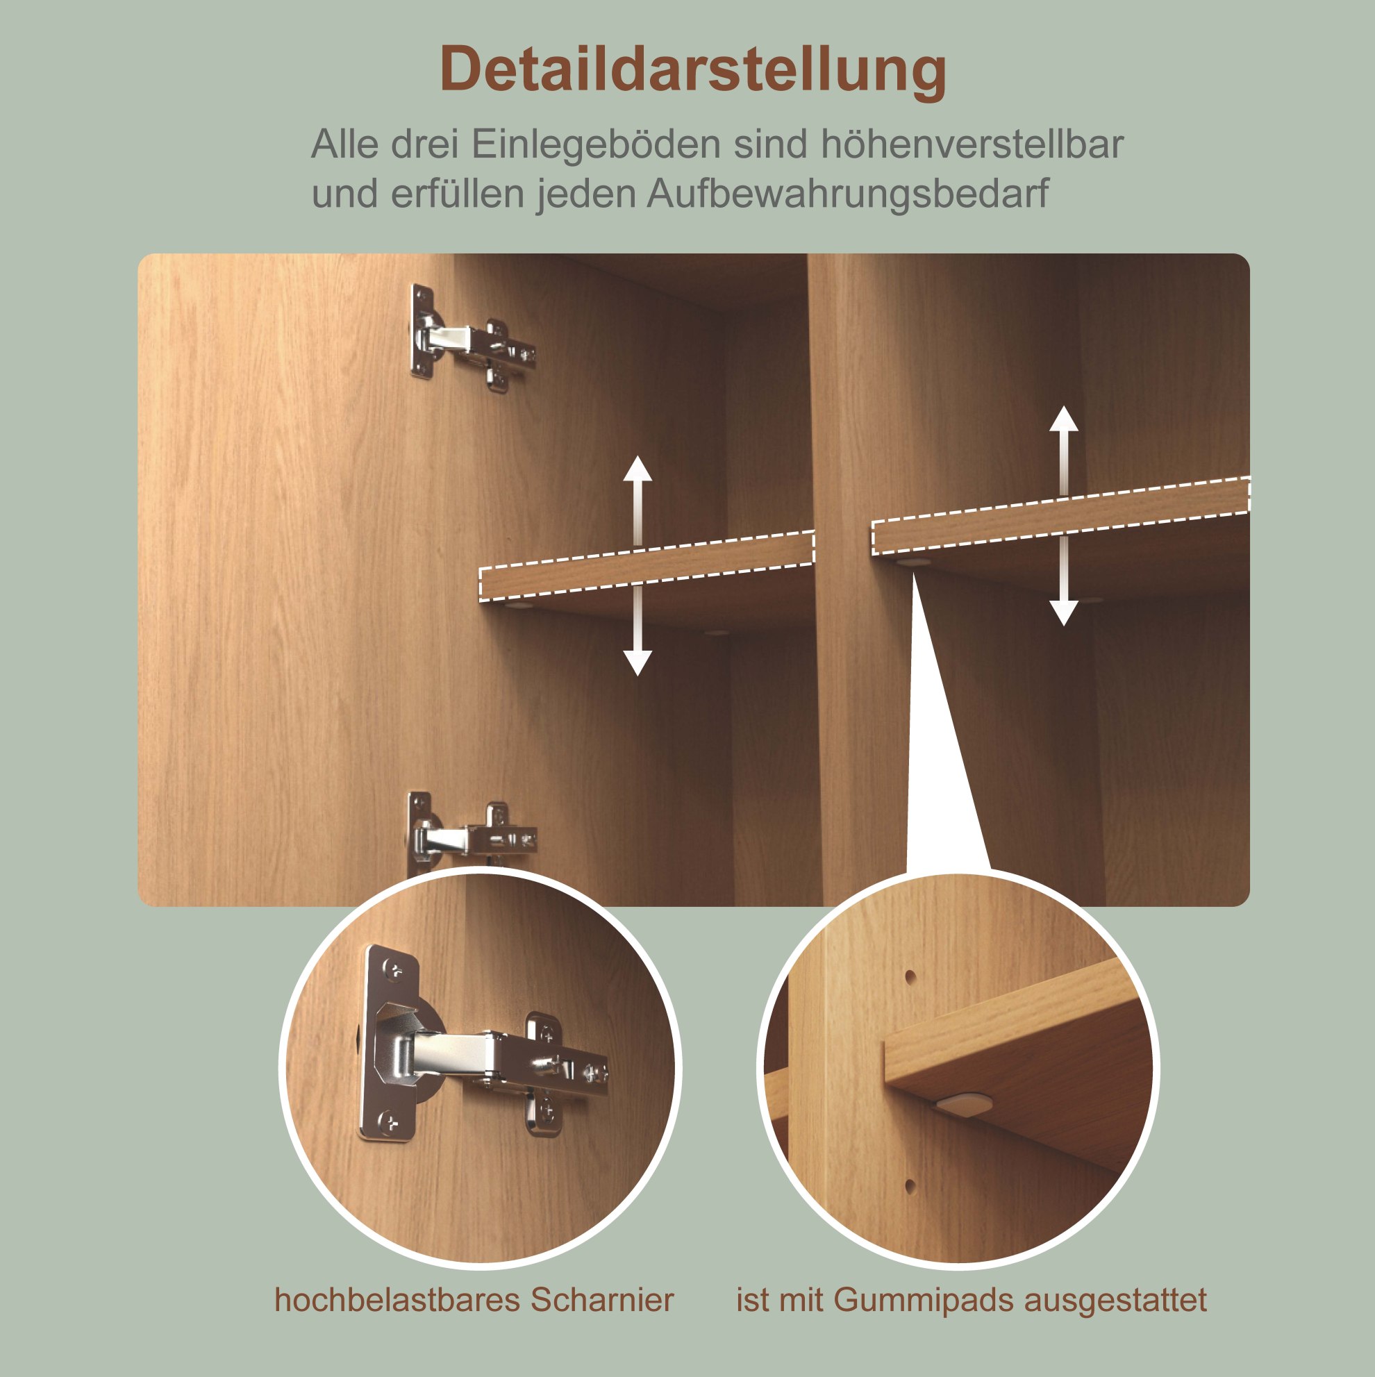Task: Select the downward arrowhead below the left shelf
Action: coord(637,663)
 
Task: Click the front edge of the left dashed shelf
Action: coord(647,567)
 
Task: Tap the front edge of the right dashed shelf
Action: coord(1061,516)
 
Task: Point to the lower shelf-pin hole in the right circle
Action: coord(910,1187)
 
